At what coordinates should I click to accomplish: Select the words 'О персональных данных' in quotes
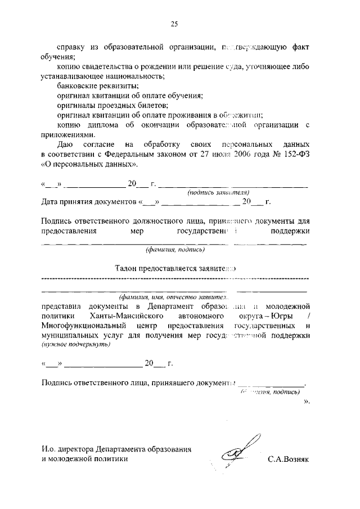pyautogui.click(x=89, y=165)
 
